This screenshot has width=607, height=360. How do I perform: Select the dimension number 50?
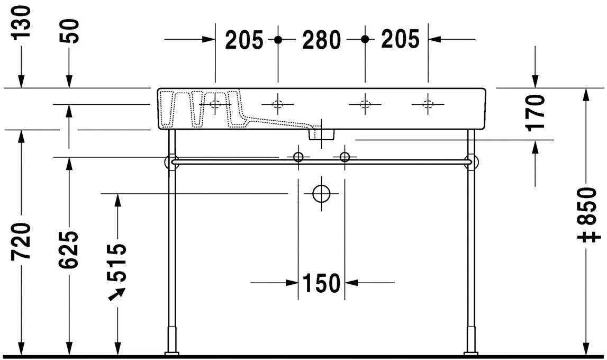coord(70,31)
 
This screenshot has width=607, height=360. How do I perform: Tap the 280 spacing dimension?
coord(321,40)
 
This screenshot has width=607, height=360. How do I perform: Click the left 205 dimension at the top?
coord(244,40)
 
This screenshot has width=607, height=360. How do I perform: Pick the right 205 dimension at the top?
coord(400,40)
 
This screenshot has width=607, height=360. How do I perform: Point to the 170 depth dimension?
coord(536,112)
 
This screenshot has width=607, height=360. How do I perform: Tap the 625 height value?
coord(70,249)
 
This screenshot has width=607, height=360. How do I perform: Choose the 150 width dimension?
coord(321,284)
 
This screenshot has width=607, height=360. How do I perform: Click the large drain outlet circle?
coord(321,194)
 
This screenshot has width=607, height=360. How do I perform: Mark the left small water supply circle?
coord(298,157)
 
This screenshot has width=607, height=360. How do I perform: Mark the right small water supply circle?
coord(345,157)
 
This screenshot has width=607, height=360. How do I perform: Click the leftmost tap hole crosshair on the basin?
coord(215,104)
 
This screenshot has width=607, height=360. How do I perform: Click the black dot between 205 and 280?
coord(278,40)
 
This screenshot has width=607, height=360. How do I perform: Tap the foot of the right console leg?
coord(470,353)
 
